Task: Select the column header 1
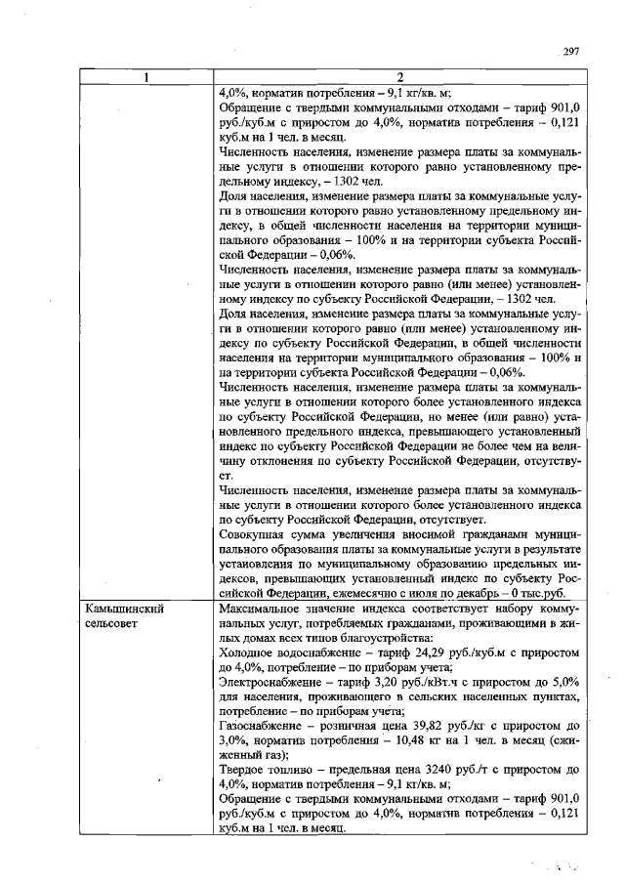(145, 78)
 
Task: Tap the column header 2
(400, 78)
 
